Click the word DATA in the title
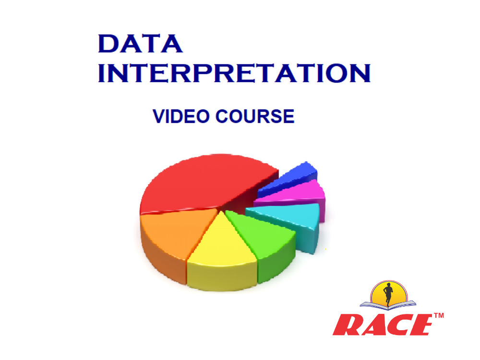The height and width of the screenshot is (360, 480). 140,44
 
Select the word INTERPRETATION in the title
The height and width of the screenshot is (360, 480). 234,73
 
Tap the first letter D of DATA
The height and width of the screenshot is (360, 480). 108,44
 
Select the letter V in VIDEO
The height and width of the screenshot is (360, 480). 158,117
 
